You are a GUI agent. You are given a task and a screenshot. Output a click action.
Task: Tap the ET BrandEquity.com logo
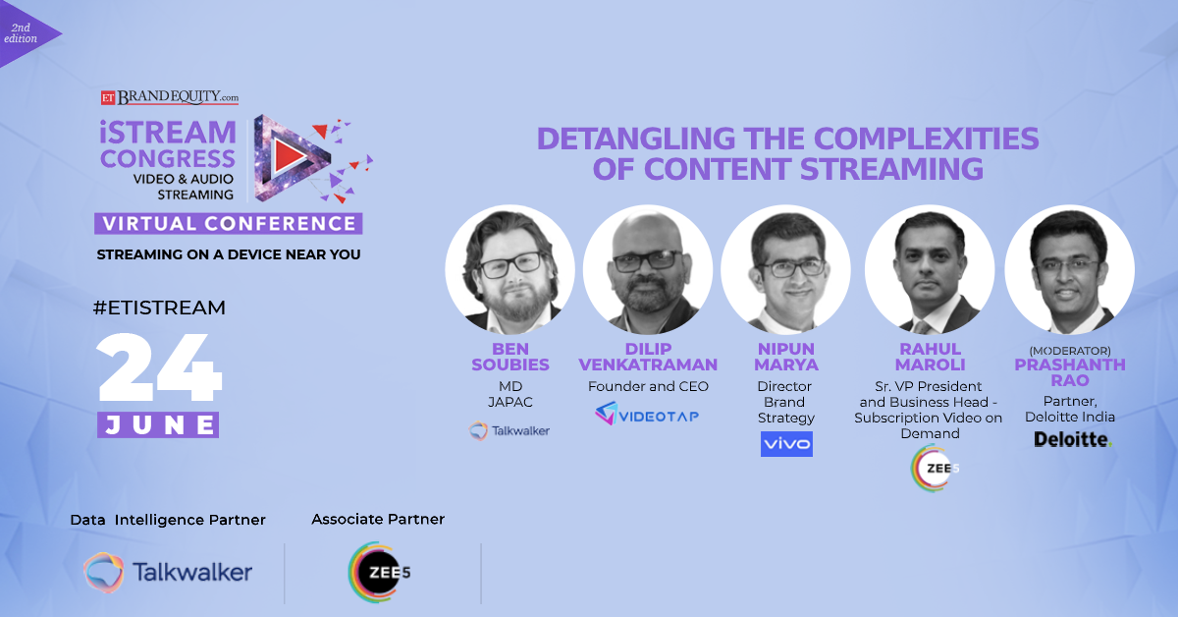[x=170, y=98]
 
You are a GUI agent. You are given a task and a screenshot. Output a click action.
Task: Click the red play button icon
[x=286, y=154]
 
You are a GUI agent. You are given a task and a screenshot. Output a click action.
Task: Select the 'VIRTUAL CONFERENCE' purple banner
[x=229, y=223]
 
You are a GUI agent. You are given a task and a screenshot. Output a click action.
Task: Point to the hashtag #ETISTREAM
[x=159, y=308]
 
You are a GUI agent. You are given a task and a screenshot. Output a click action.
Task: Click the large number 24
[x=160, y=368]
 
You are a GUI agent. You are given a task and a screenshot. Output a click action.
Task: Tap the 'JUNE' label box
[x=158, y=424]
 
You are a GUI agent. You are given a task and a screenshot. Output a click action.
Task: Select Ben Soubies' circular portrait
[x=509, y=268]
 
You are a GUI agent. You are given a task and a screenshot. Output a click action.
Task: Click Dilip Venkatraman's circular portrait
[x=648, y=268]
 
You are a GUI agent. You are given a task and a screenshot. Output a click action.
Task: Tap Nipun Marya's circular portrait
[x=785, y=268]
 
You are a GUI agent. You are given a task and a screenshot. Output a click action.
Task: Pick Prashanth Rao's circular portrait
[x=1069, y=268]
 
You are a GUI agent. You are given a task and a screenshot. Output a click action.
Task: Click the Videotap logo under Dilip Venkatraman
[x=647, y=415]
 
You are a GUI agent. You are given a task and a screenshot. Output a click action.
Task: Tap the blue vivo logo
[x=786, y=444]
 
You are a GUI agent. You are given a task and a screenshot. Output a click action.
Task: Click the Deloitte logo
[x=1073, y=440]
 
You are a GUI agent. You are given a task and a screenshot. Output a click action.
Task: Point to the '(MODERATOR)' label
[x=1069, y=351]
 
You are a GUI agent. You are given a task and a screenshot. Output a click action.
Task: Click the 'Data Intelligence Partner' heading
[x=168, y=520]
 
